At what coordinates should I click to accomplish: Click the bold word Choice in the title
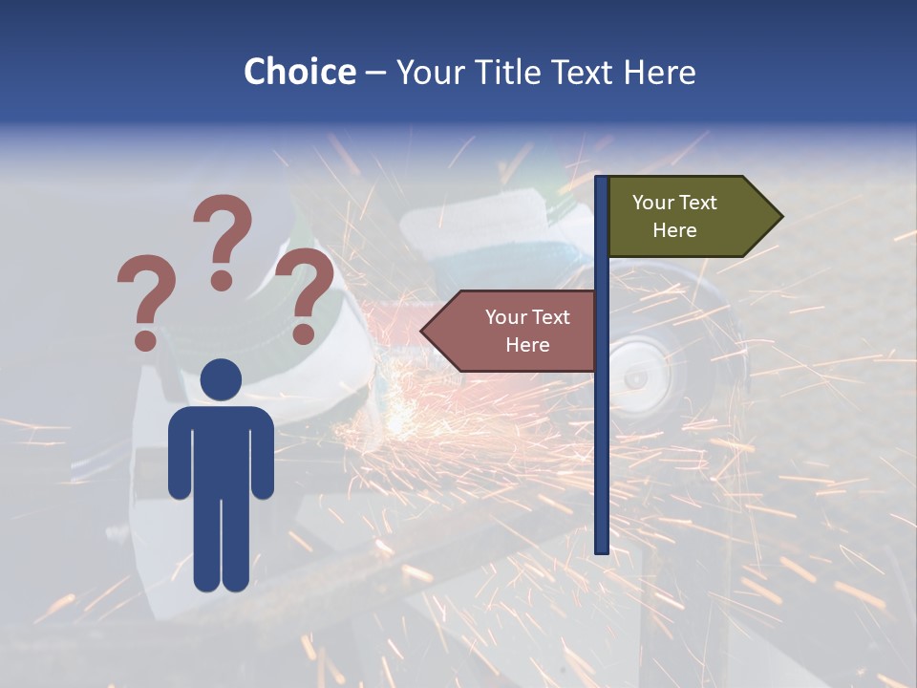coord(299,72)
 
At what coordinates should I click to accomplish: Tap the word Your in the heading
coord(428,72)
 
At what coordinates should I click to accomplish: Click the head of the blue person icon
coord(221,379)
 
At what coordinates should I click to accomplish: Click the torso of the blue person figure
coord(221,449)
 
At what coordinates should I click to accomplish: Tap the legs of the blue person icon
coord(221,545)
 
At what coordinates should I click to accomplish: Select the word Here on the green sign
coord(674,230)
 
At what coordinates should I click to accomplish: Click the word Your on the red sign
coord(506,317)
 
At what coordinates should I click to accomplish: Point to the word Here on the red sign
coord(527,345)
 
